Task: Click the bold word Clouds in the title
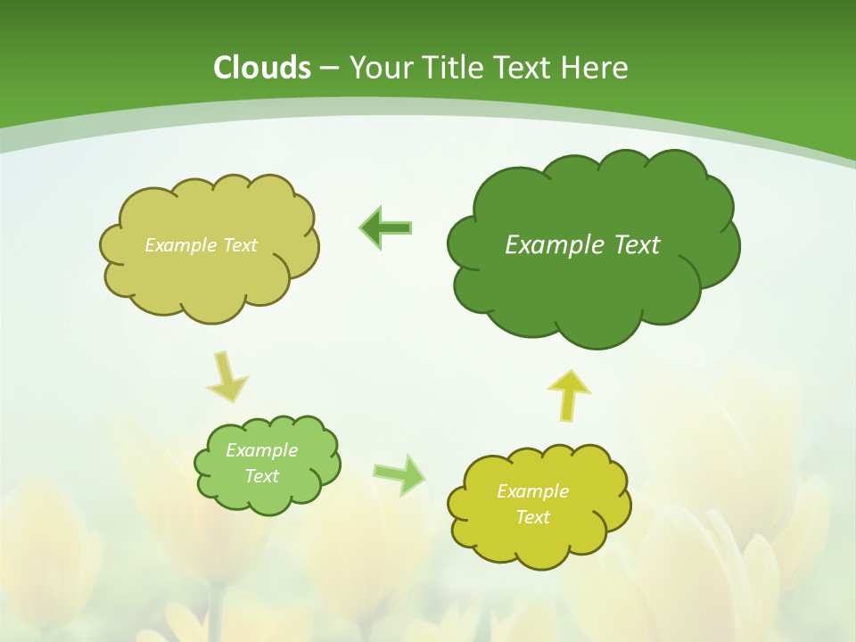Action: coord(262,68)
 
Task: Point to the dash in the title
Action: coord(329,69)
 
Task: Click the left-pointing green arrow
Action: coord(386,228)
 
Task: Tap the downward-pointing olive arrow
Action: coord(228,377)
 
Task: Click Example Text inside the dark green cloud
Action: coord(582,245)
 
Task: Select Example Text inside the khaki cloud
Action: coord(201,245)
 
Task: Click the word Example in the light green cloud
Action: coord(261,450)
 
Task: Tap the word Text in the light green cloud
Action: coord(261,476)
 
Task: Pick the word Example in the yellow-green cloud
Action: coord(532,491)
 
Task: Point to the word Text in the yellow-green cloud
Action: coord(532,517)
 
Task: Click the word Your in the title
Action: coord(380,68)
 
